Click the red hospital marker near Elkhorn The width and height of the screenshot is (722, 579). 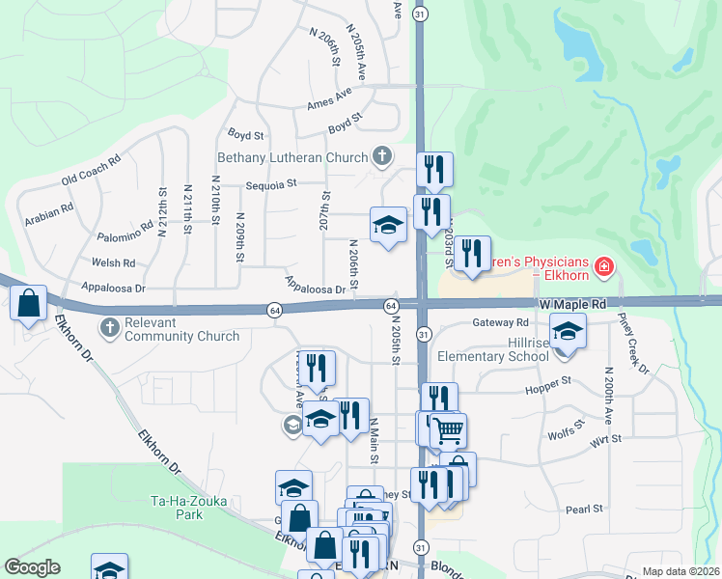[604, 265]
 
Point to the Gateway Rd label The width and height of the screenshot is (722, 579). [501, 322]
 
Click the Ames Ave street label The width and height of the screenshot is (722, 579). [329, 101]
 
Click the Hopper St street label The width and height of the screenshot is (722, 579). [548, 386]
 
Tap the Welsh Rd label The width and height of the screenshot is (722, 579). [115, 262]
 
